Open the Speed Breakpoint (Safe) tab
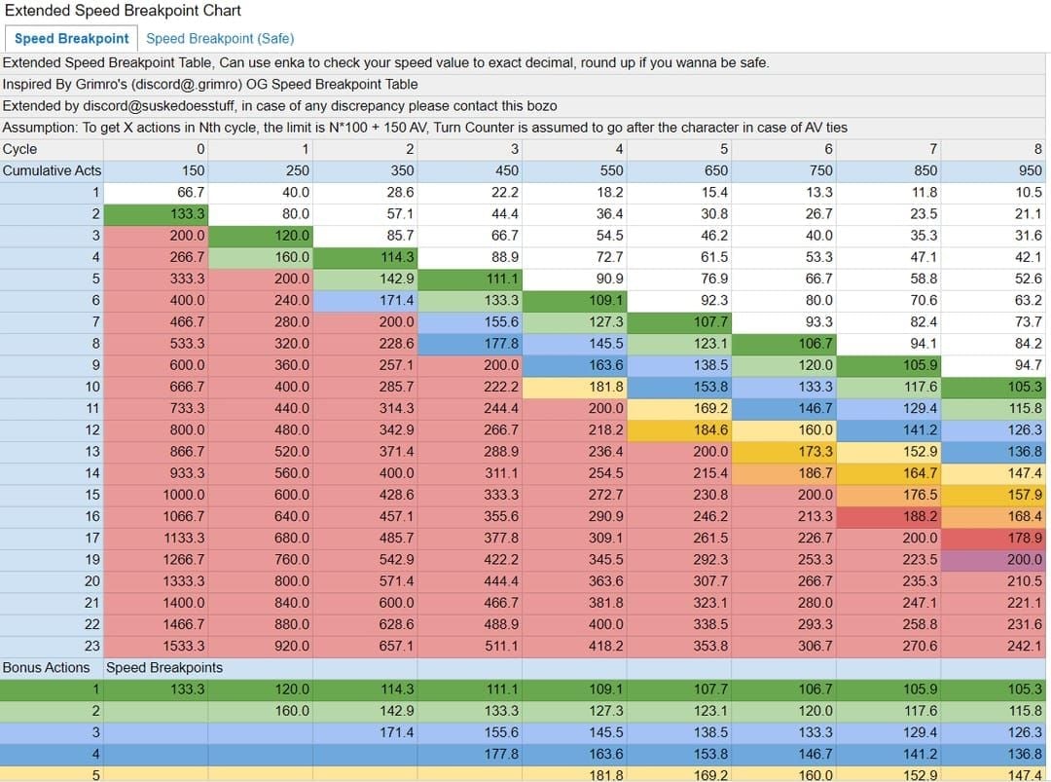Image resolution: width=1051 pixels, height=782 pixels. pos(220,38)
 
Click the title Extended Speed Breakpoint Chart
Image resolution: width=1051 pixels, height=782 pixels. pos(122,11)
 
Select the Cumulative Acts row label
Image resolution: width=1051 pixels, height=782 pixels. pos(52,170)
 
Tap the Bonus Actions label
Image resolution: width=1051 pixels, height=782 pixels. pos(46,667)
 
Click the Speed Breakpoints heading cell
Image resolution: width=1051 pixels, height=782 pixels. pos(164,667)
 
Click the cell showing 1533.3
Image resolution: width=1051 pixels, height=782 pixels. pos(185,646)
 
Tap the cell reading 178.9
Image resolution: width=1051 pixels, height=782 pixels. pos(1023,538)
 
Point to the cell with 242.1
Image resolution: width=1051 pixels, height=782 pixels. pos(1023,646)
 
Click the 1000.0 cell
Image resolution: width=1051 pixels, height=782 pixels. pos(185,495)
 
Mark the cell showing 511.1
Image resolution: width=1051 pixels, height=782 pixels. pos(500,646)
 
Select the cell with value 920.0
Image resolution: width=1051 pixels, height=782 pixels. pos(290,646)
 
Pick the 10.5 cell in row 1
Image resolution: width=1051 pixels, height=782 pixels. pos(1027,192)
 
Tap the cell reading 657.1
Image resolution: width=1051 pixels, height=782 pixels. pos(395,646)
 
